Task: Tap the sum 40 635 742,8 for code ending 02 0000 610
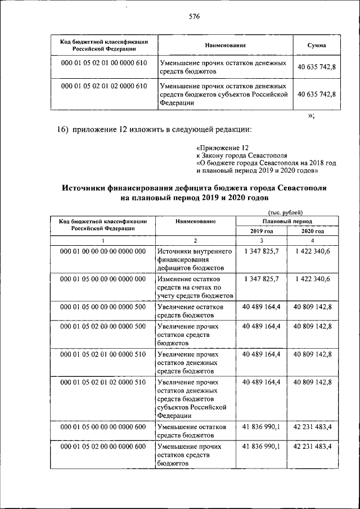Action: coord(316,94)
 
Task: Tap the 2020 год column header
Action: coord(312,231)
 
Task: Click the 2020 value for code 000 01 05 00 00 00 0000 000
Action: coord(312,279)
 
